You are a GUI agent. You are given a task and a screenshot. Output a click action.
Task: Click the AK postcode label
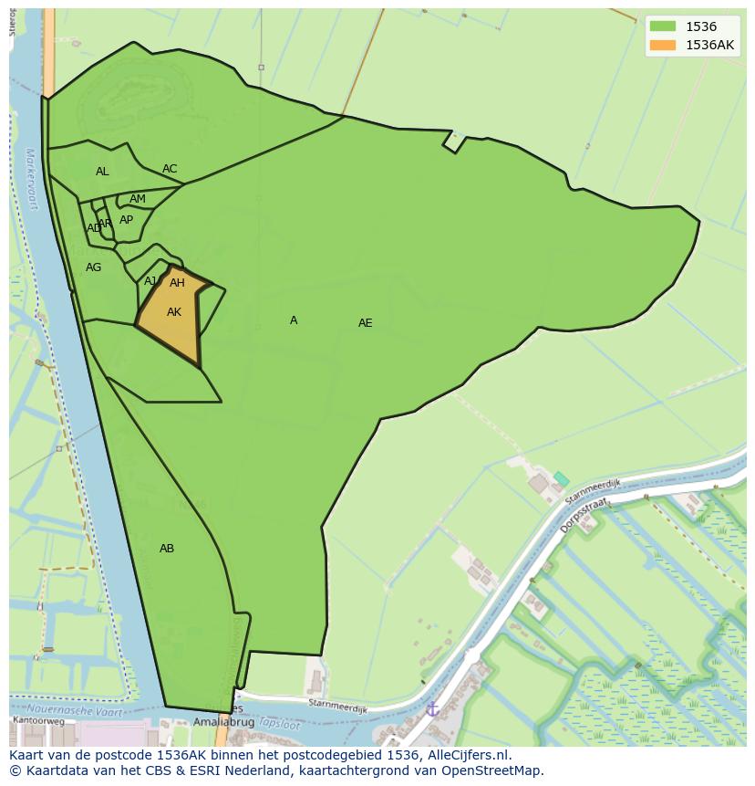(174, 312)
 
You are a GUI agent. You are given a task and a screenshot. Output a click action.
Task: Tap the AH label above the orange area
(177, 283)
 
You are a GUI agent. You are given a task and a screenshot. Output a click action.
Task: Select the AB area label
(167, 549)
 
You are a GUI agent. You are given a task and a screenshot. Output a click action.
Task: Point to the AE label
(365, 323)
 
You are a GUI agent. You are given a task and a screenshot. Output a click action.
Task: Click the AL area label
(102, 172)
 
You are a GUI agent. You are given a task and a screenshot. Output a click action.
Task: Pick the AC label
(170, 169)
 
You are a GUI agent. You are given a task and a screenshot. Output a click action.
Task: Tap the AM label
(138, 199)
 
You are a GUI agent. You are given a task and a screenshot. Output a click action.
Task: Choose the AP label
(126, 220)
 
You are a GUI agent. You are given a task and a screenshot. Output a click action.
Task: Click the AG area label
(94, 267)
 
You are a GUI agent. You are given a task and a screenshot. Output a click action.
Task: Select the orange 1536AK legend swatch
(663, 45)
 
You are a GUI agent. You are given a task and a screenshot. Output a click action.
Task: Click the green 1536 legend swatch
(663, 26)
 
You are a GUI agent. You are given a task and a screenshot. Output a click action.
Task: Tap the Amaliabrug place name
(223, 721)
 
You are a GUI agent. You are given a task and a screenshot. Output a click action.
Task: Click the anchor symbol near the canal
(433, 708)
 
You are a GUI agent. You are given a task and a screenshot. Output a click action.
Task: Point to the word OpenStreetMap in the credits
(493, 770)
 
